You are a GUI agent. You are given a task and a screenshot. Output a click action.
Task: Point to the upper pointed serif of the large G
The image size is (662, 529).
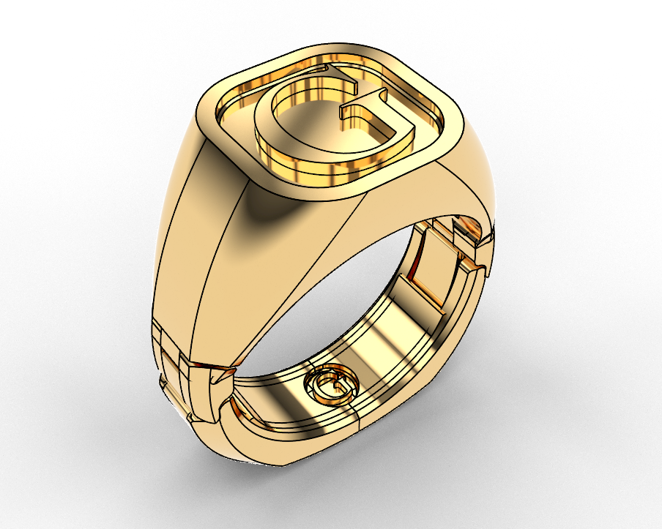(333, 71)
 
